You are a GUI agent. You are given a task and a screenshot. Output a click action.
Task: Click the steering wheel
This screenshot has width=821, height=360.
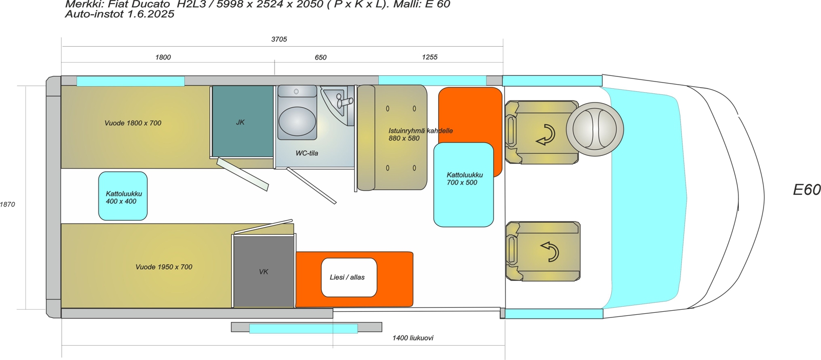click(595, 129)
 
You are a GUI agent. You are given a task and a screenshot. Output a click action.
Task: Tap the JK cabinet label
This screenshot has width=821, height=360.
click(241, 123)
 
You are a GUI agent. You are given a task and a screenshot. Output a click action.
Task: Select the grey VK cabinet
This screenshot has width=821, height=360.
click(264, 271)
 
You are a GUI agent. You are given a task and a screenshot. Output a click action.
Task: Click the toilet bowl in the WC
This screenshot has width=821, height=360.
click(297, 121)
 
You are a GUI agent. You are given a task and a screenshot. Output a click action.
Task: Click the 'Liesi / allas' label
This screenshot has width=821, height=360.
click(347, 277)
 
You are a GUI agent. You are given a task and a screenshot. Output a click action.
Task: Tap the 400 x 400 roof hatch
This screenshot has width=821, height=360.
click(123, 196)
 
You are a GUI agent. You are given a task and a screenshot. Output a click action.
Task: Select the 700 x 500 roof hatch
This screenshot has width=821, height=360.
click(464, 185)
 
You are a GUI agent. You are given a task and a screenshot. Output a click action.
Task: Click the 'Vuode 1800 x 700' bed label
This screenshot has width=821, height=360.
click(133, 123)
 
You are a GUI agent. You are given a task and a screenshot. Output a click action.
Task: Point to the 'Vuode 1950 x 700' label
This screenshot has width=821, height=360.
click(164, 267)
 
